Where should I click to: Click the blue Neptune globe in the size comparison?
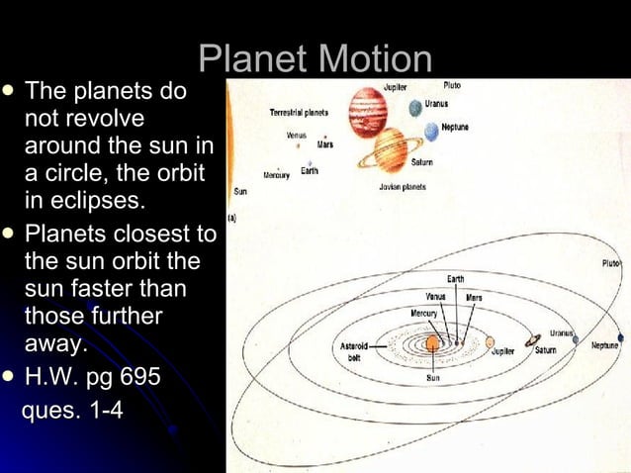click(x=431, y=133)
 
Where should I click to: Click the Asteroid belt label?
click(x=354, y=351)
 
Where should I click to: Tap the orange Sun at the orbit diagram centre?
click(x=433, y=343)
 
